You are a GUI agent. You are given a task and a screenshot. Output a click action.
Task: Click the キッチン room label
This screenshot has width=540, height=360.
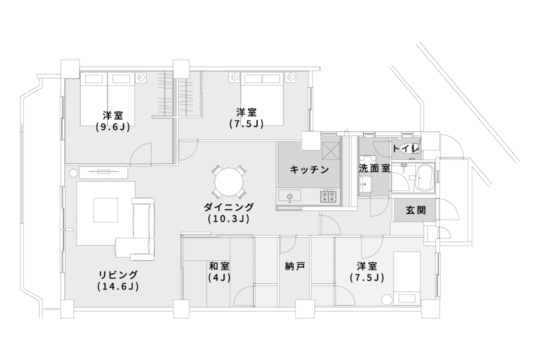[x=309, y=169]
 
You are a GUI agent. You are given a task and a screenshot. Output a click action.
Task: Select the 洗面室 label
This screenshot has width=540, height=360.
[x=374, y=168]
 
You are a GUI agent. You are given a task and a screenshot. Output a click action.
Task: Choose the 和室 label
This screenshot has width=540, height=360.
[x=219, y=265]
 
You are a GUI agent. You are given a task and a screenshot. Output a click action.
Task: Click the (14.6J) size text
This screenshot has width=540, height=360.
[x=118, y=286]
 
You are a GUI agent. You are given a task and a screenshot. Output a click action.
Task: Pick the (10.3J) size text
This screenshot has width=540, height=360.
[x=228, y=218]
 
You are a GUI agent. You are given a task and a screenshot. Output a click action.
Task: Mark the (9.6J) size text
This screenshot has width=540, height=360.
[x=113, y=127]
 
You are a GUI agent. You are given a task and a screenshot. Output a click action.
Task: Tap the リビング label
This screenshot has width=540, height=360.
[x=118, y=274]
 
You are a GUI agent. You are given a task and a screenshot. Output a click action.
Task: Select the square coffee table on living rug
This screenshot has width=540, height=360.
[x=105, y=210]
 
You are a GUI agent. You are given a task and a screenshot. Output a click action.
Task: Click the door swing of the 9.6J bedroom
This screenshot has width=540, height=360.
[x=141, y=154]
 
